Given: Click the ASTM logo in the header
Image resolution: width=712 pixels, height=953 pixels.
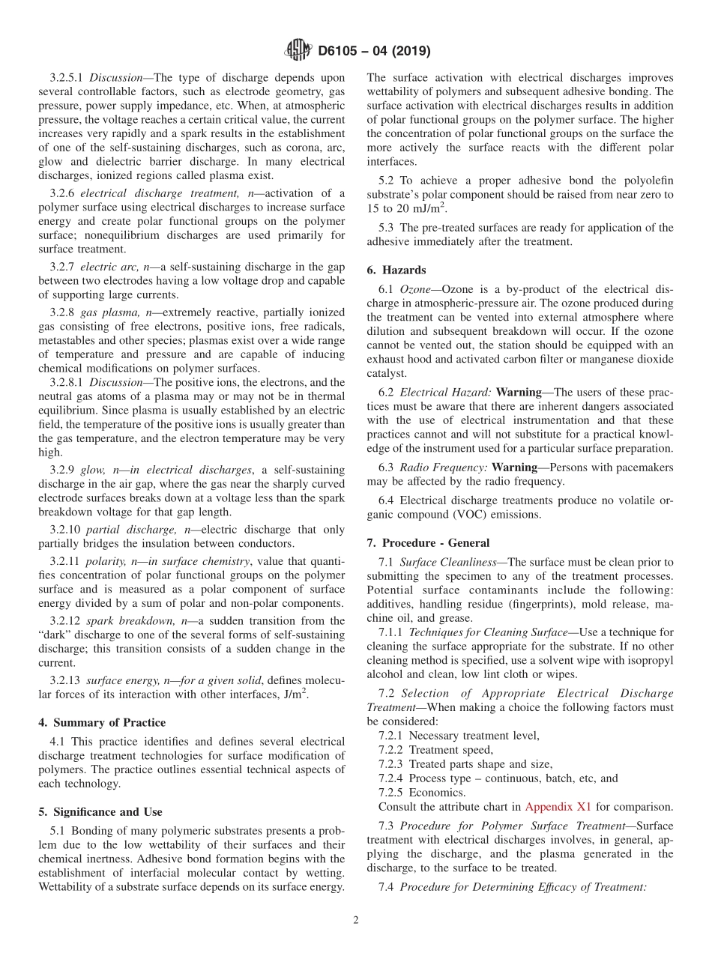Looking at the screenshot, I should coord(298,51).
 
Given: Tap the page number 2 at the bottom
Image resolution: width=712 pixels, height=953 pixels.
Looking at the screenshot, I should coord(356,920).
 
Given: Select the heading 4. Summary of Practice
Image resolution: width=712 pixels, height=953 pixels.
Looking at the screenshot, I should coord(102,723).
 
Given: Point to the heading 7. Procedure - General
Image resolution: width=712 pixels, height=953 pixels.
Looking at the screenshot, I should coord(428,543).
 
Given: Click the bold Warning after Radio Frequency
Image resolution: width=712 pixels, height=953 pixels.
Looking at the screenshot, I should coord(518,468).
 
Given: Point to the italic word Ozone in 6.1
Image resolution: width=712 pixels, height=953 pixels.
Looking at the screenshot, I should coord(415,289).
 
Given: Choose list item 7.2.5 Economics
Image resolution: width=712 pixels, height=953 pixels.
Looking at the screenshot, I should coord(422,793).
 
